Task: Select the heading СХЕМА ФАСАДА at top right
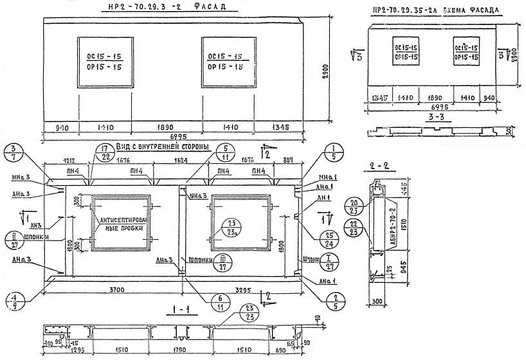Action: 478,10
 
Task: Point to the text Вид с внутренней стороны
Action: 163,147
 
